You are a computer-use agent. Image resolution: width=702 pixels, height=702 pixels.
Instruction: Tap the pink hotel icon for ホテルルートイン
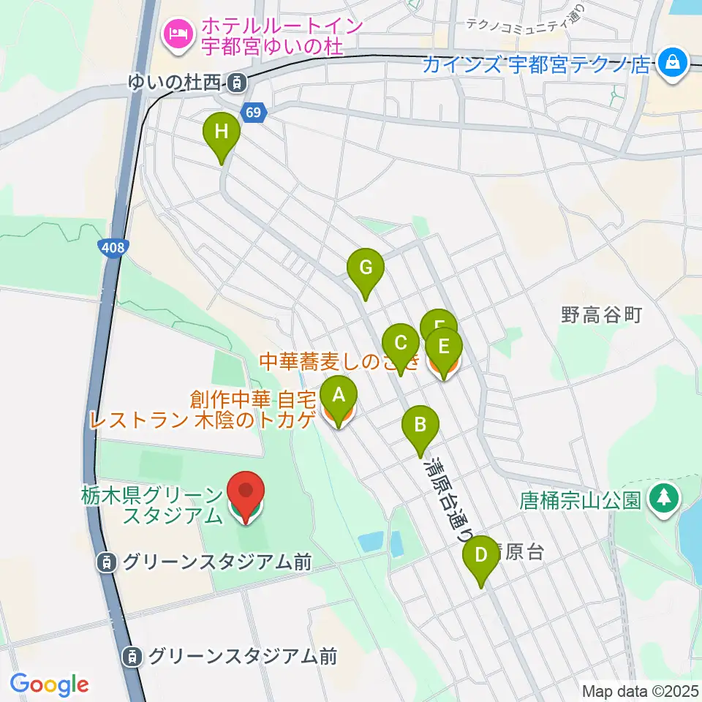[x=178, y=32]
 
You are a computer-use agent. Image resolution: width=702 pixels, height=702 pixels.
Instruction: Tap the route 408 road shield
[x=113, y=249]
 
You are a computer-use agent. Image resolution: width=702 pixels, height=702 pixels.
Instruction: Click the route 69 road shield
[x=253, y=113]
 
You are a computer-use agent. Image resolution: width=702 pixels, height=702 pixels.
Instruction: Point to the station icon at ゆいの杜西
[x=235, y=83]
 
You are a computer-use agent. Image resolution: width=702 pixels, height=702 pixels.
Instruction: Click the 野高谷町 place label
[x=601, y=314]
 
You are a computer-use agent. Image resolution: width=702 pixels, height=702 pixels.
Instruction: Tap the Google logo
[x=49, y=684]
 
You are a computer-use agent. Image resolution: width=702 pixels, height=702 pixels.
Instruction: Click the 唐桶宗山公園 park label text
[x=581, y=501]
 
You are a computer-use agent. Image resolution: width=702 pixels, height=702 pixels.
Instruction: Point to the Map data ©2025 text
[x=640, y=691]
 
